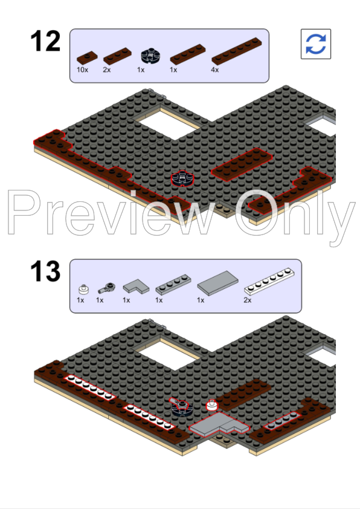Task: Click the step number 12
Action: [x=45, y=42]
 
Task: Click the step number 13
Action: [x=46, y=273]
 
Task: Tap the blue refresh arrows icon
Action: [x=315, y=44]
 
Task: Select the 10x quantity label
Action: [x=83, y=70]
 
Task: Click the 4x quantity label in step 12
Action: [x=214, y=70]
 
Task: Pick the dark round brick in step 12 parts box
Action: [x=149, y=56]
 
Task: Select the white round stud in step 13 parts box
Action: [x=83, y=288]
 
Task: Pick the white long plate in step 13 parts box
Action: [x=271, y=282]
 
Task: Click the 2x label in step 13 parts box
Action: [x=248, y=300]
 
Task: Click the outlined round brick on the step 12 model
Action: [x=182, y=178]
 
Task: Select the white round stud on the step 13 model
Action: [x=211, y=405]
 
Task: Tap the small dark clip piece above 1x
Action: [x=109, y=286]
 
